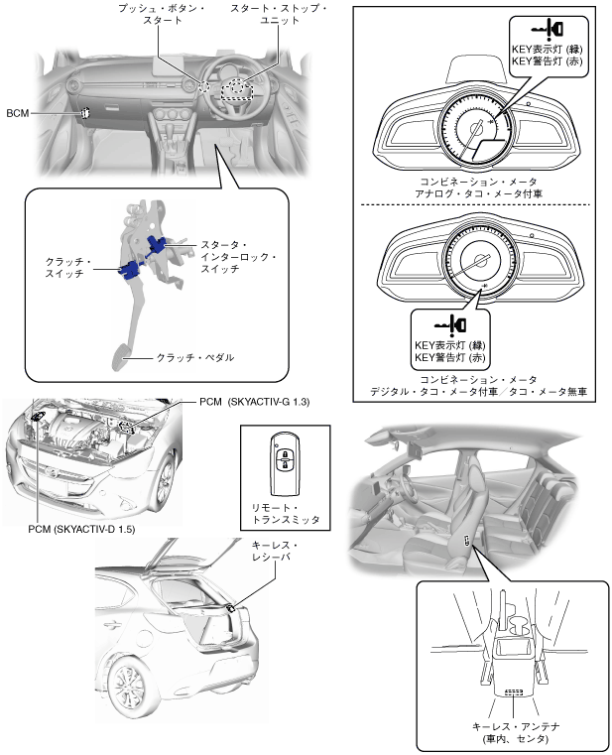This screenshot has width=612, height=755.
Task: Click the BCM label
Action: coord(17,113)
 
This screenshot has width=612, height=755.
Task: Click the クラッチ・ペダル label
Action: coord(194,357)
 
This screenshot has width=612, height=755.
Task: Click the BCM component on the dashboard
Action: coord(84,112)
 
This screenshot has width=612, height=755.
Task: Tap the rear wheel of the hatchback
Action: coord(128,688)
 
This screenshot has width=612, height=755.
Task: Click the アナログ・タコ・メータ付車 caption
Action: coord(478,194)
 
